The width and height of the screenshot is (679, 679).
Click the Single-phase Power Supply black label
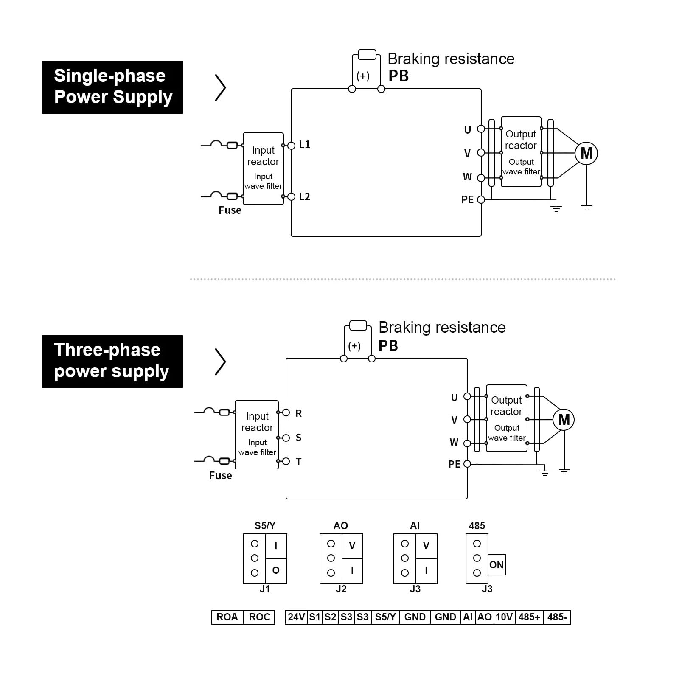(x=112, y=87)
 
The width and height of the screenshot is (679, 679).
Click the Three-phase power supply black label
(x=112, y=362)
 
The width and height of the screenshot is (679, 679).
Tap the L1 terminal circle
(x=291, y=146)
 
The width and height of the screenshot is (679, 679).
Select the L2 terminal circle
(x=291, y=196)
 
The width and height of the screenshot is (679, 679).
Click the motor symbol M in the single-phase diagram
(x=586, y=153)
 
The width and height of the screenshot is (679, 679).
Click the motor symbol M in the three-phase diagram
(x=564, y=420)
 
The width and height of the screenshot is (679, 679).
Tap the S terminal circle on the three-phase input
(x=286, y=438)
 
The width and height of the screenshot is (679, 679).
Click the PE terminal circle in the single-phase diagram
(x=481, y=199)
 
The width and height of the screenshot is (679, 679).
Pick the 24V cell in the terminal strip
(x=296, y=617)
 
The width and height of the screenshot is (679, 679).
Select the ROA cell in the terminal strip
(x=227, y=617)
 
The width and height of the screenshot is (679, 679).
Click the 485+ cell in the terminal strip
(x=529, y=617)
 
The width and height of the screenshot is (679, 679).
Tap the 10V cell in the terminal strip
(x=504, y=617)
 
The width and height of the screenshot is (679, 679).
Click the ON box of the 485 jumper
(x=497, y=565)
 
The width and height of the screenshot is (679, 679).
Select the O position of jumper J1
(x=276, y=571)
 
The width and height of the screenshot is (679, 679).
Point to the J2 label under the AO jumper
(x=341, y=589)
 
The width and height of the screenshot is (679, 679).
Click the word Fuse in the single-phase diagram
(x=230, y=210)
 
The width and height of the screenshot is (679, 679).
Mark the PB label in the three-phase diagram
(x=388, y=345)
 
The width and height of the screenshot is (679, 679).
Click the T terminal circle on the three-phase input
(x=286, y=461)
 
